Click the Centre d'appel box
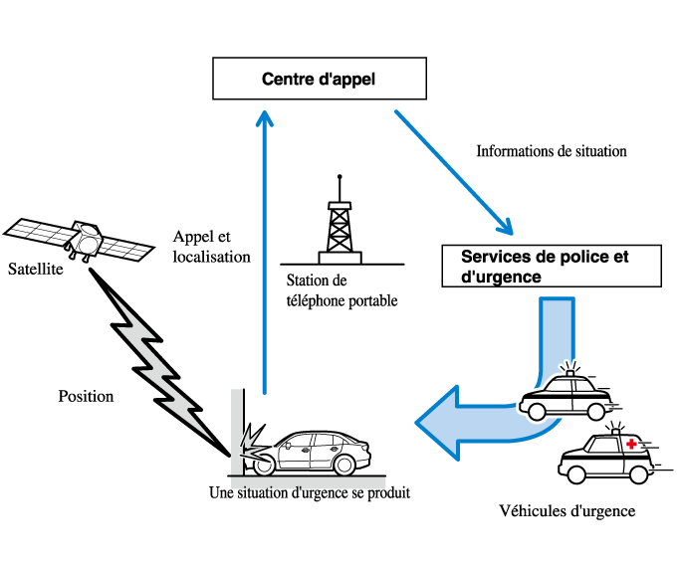tap(320, 79)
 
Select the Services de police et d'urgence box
tap(551, 267)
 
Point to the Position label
tap(86, 396)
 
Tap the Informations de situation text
tap(552, 152)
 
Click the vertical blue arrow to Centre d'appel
tap(264, 249)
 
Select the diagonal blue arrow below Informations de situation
tap(453, 169)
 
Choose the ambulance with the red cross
tap(605, 458)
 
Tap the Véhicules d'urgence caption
tap(566, 511)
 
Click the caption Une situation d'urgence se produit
tap(310, 492)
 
